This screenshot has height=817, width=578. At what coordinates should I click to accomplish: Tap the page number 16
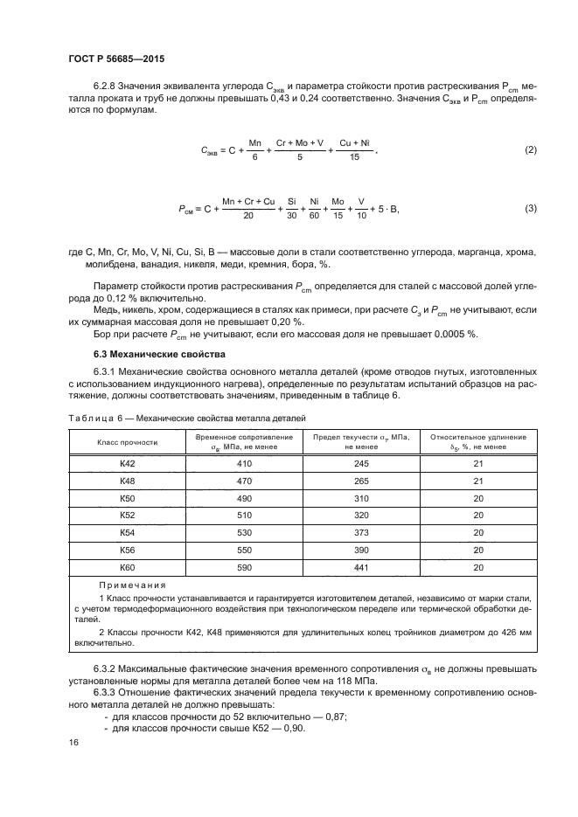click(x=73, y=742)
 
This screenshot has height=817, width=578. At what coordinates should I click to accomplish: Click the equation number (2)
click(x=530, y=150)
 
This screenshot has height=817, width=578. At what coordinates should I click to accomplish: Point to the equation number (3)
click(x=530, y=209)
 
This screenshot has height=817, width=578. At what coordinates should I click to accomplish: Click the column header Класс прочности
click(x=127, y=441)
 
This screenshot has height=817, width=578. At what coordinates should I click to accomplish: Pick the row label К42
click(x=127, y=463)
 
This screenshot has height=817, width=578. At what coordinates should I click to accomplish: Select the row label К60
click(x=127, y=568)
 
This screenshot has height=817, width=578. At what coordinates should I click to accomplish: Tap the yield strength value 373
click(x=360, y=533)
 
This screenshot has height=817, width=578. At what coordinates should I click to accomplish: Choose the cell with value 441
click(x=360, y=568)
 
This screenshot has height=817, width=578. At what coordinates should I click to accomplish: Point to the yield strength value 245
click(x=360, y=463)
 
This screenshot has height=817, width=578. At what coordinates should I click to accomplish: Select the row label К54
click(x=127, y=533)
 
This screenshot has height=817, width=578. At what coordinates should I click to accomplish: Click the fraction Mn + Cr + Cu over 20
click(x=248, y=209)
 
